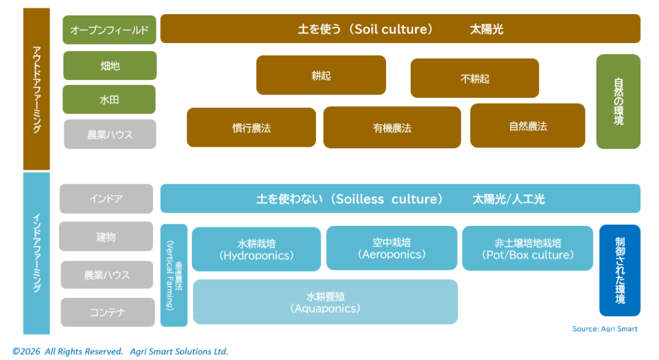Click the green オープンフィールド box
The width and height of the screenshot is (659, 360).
click(x=109, y=30)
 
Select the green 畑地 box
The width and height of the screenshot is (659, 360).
click(x=109, y=65)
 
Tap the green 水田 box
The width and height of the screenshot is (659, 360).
click(x=109, y=99)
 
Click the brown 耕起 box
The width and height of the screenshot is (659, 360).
click(x=321, y=75)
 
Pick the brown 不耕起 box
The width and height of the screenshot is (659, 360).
click(x=474, y=79)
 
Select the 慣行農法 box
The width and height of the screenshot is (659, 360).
click(x=251, y=128)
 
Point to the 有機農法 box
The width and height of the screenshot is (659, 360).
click(x=392, y=128)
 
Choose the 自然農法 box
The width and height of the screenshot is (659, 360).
click(x=528, y=126)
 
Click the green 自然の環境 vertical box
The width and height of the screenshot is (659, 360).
click(x=618, y=101)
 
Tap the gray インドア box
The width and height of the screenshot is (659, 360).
click(x=106, y=198)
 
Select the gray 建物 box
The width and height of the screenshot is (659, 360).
click(x=106, y=236)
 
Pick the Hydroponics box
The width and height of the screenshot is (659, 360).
click(x=256, y=249)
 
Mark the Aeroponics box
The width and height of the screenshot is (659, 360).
click(x=391, y=248)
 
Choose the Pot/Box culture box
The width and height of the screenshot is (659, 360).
click(x=527, y=249)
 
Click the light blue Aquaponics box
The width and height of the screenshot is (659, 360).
click(x=325, y=302)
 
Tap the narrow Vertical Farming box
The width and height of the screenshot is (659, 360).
click(x=174, y=276)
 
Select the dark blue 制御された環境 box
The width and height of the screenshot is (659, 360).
click(x=620, y=270)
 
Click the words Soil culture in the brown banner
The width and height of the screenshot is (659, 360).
click(x=392, y=29)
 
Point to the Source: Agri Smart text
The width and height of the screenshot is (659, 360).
click(x=604, y=329)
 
